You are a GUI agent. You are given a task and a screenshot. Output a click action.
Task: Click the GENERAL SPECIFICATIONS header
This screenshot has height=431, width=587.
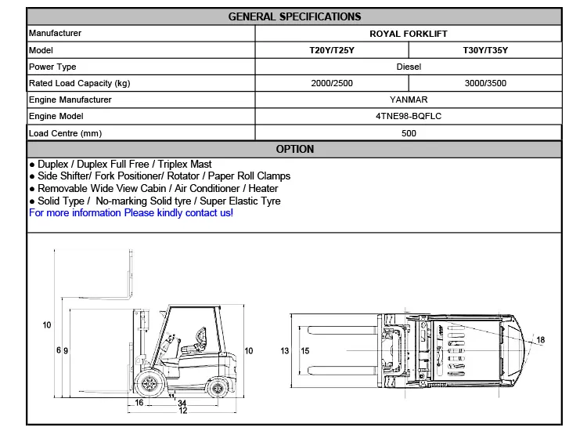(x=294, y=16)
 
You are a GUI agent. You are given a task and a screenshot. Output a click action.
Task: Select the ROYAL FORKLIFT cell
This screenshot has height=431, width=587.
(x=408, y=34)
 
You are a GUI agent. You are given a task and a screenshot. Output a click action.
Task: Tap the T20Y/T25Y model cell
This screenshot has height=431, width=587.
(x=332, y=50)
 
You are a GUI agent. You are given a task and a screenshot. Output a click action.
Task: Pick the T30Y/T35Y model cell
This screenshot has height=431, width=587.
(x=485, y=50)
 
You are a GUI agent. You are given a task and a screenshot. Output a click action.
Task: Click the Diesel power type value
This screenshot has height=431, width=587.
(x=408, y=67)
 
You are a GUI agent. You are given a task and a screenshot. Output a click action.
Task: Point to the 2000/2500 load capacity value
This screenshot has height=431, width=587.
(x=332, y=83)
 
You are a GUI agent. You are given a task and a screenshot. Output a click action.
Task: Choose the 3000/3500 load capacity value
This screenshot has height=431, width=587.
(x=485, y=83)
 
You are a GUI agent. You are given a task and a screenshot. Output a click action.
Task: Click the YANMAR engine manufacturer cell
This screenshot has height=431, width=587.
(x=408, y=100)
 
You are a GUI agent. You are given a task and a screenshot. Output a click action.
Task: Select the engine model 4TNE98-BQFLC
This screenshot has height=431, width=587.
(x=408, y=116)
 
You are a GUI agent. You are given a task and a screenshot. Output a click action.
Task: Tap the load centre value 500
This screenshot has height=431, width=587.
(x=408, y=133)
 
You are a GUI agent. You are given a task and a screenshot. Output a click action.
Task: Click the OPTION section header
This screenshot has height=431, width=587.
(x=294, y=149)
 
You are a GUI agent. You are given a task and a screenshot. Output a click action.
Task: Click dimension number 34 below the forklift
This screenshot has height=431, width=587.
(x=182, y=403)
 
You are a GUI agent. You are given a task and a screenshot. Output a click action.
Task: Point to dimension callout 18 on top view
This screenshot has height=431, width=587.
(x=540, y=339)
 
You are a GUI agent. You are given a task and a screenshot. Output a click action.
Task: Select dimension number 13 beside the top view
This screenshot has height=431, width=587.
(x=285, y=350)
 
